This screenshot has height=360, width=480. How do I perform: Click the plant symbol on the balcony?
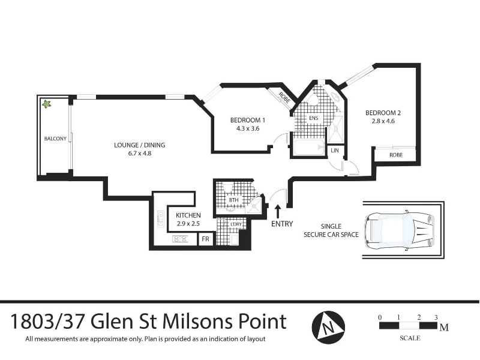[x=46, y=104]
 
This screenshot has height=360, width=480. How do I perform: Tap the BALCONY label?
[x=55, y=139]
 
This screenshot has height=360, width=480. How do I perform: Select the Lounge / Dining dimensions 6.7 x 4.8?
[x=140, y=154]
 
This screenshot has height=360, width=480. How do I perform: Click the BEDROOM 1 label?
[x=248, y=121]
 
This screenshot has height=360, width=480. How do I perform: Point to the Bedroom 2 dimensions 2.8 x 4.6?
[x=383, y=121]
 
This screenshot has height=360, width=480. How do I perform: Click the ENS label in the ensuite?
[x=313, y=118]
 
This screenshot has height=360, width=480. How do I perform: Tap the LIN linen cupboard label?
[x=335, y=151]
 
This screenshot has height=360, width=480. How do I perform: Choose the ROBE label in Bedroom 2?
[x=396, y=155]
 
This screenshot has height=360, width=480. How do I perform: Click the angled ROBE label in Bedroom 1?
[x=284, y=97]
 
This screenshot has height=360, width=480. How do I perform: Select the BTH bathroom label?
[x=233, y=200]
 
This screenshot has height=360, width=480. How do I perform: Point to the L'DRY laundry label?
[x=236, y=224]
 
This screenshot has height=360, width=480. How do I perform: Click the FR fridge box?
[x=205, y=239]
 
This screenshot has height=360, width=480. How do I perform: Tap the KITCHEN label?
[x=188, y=215]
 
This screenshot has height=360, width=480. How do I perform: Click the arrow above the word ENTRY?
[x=278, y=211]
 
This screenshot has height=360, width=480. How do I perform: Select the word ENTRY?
[x=282, y=224]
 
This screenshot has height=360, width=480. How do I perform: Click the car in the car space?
[x=400, y=230]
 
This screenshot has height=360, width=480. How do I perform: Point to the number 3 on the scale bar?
[x=436, y=317]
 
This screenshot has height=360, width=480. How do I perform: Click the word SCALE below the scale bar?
[x=410, y=338]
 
